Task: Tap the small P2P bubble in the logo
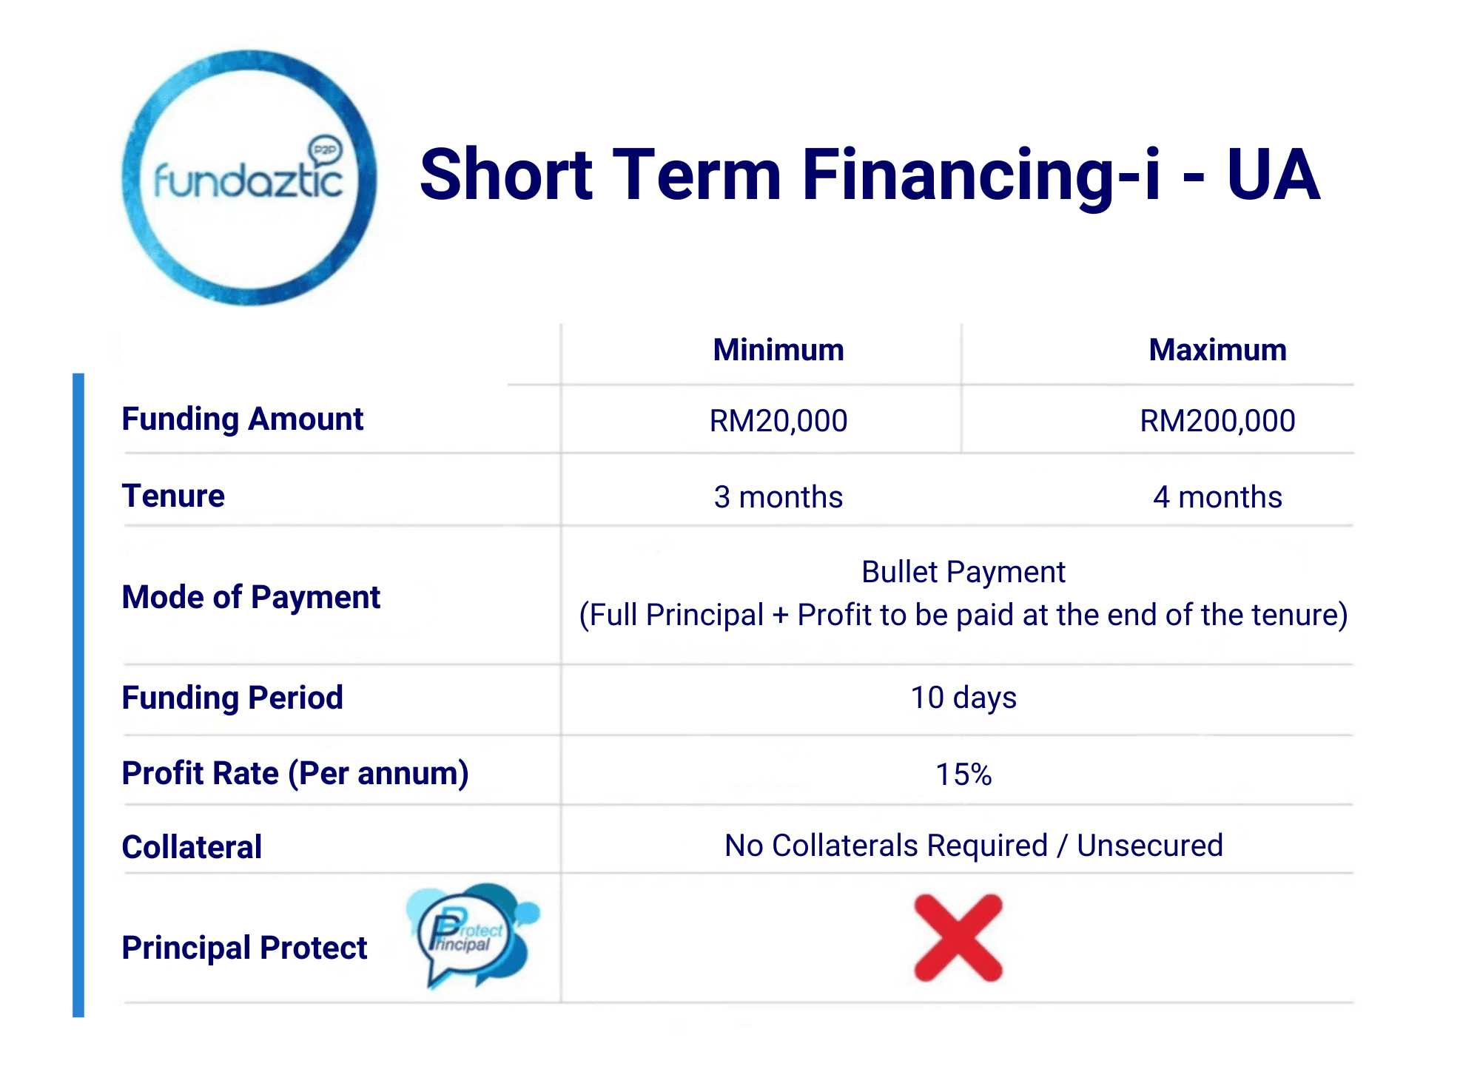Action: click(325, 151)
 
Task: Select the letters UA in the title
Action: click(1273, 175)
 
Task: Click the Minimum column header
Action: click(778, 350)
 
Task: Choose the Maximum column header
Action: click(1217, 350)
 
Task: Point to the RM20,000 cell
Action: click(778, 421)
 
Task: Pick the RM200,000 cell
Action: click(1217, 421)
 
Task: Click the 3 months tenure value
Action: click(778, 497)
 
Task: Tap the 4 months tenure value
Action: click(1217, 497)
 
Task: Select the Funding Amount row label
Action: click(243, 419)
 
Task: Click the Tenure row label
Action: click(173, 496)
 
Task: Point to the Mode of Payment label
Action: click(251, 598)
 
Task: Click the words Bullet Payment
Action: click(963, 573)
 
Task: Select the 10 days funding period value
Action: click(963, 698)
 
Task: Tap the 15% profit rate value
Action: click(963, 775)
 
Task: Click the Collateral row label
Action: click(192, 847)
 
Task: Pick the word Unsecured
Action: click(1150, 846)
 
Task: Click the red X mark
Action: click(958, 938)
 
